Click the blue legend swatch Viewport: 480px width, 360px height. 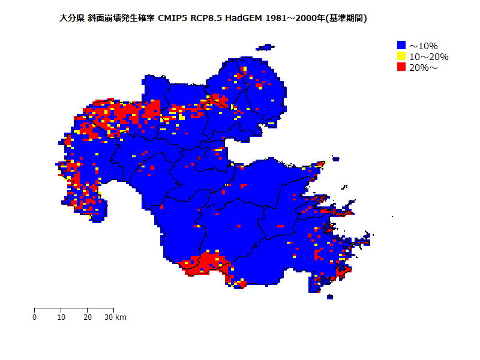tap(401, 45)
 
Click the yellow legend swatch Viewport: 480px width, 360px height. tap(401, 56)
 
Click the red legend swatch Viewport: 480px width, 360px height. tap(401, 67)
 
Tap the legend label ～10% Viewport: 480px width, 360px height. tap(424, 46)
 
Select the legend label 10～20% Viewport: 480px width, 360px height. tap(428, 56)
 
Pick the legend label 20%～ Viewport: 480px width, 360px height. tap(424, 67)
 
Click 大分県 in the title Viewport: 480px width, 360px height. tap(72, 19)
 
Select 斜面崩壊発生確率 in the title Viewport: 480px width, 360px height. tap(121, 19)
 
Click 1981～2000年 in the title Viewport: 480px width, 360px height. tap(296, 19)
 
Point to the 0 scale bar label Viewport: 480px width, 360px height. tap(35, 317)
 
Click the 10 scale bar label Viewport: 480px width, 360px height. tap(61, 317)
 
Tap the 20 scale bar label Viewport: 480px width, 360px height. tap(88, 317)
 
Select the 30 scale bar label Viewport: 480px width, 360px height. tap(109, 317)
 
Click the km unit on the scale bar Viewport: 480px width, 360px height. tap(121, 317)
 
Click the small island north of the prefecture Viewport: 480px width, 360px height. tap(265, 47)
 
